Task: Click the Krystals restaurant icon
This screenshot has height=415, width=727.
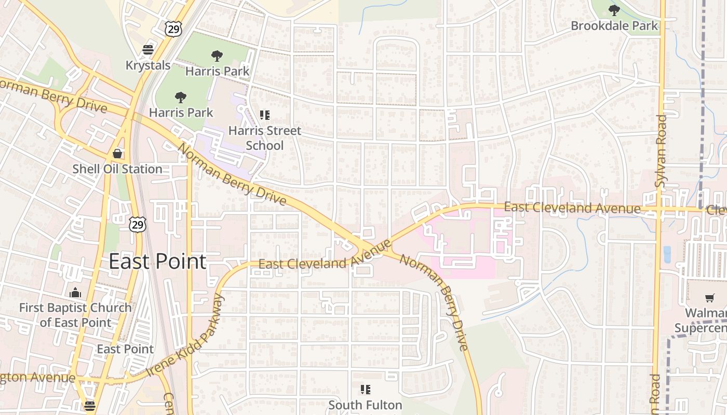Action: [x=148, y=50]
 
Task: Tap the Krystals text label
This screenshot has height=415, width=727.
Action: [x=148, y=65]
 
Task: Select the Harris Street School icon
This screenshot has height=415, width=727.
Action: [x=265, y=115]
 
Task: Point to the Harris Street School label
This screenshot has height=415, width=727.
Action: [x=265, y=138]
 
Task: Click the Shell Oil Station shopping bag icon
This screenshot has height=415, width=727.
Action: [x=118, y=154]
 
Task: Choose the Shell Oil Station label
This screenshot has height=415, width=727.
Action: [x=117, y=169]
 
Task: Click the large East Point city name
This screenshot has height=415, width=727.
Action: [x=157, y=261]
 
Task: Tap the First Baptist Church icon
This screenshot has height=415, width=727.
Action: [x=75, y=293]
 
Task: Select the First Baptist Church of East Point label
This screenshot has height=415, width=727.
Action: [x=75, y=315]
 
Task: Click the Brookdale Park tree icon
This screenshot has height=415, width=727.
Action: [x=614, y=10]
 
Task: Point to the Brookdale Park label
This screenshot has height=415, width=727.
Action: [x=614, y=25]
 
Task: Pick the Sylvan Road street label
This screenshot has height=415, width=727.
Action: [x=661, y=150]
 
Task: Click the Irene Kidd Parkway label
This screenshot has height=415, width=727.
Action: [x=185, y=336]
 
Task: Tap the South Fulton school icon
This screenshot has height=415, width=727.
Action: [x=366, y=389]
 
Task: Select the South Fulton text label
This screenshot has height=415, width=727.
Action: [x=366, y=405]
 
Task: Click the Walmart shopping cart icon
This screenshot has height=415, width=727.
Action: [x=709, y=298]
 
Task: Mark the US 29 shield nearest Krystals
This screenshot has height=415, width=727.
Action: [x=173, y=29]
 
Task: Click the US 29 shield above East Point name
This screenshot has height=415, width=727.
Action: [x=138, y=225]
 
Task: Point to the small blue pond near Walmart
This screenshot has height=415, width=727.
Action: [x=667, y=254]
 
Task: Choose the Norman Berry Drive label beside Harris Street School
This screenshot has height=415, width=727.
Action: [x=232, y=174]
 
